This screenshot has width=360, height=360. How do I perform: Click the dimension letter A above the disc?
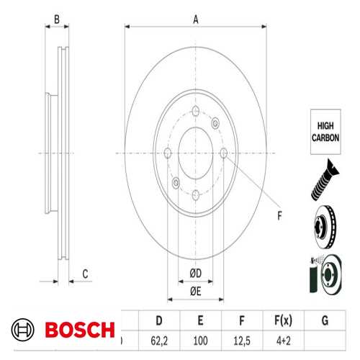(x=195, y=20)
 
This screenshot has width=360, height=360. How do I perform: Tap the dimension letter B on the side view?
(x=57, y=20)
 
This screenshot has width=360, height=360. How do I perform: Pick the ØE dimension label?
(x=195, y=290)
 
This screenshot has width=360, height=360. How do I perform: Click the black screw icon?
(x=324, y=181)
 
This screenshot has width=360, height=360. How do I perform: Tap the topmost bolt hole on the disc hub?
(x=195, y=111)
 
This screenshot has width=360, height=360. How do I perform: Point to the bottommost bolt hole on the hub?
(x=195, y=193)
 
